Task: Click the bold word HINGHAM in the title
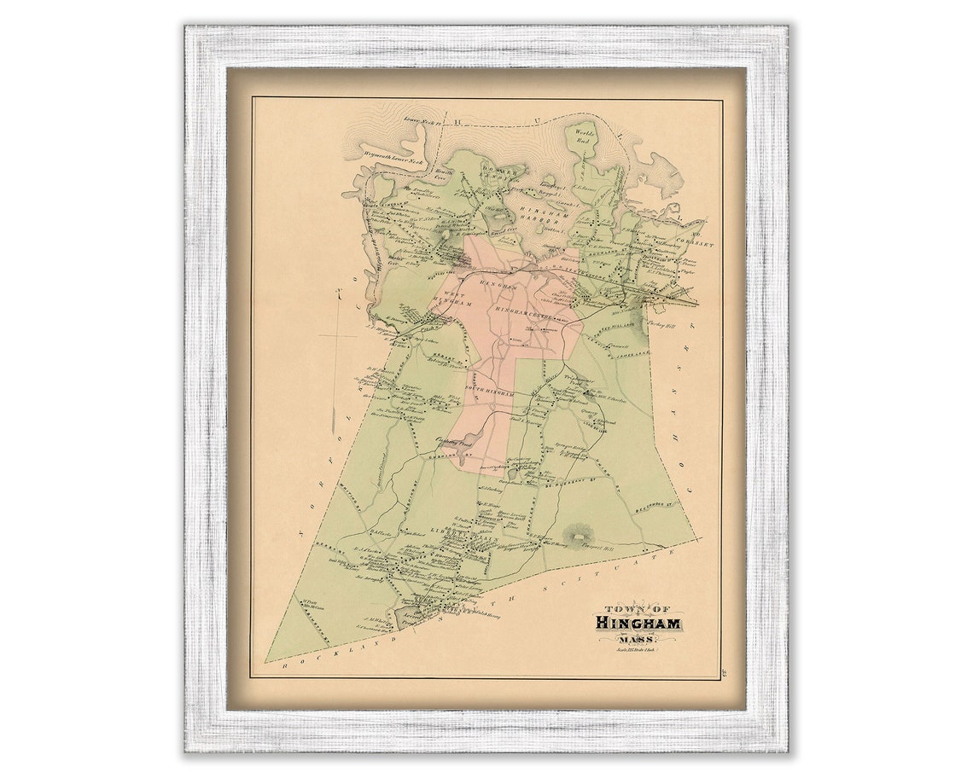[638, 623]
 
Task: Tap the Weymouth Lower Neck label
[393, 160]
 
